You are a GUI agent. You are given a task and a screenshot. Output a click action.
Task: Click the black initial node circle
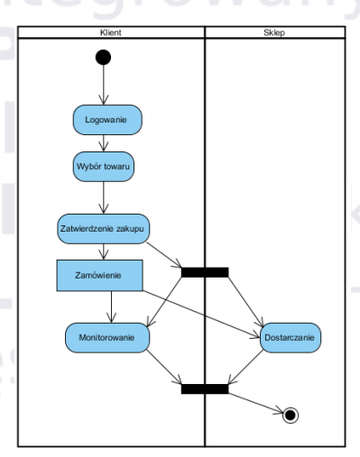[x=104, y=58]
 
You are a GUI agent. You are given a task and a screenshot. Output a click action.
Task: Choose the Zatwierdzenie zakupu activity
[x=103, y=228]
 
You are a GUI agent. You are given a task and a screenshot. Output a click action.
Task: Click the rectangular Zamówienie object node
[x=99, y=275]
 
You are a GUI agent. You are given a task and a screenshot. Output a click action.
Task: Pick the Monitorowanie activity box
[x=107, y=337]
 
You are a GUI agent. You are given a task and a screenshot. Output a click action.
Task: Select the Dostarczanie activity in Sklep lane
[x=291, y=337]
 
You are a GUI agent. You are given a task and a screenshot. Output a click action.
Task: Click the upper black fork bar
[x=205, y=271]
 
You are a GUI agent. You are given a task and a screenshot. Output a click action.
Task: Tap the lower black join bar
[x=205, y=388]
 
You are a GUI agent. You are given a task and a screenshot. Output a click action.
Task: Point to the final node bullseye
[x=290, y=415]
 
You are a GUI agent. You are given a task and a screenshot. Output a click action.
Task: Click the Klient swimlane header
[x=111, y=32]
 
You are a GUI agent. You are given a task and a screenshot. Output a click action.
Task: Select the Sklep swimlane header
[x=275, y=32]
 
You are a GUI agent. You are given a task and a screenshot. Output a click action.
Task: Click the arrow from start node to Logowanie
[x=104, y=86]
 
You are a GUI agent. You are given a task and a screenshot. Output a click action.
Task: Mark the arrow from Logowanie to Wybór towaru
[x=104, y=142]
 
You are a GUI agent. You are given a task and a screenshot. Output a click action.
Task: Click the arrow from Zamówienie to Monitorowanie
[x=110, y=306]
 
